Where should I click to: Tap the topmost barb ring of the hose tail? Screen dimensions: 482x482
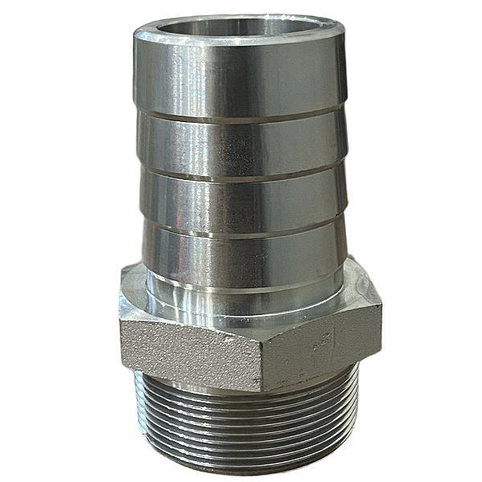[241, 76]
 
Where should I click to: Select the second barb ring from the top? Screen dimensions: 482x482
[241, 145]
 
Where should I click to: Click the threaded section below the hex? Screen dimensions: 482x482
[241, 418]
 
